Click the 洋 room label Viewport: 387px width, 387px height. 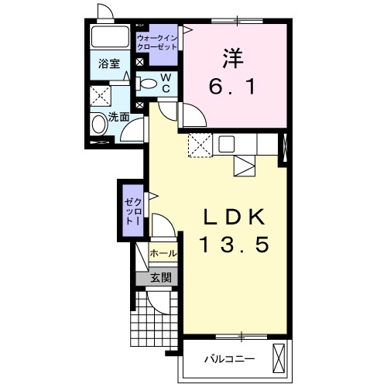[x=233, y=59]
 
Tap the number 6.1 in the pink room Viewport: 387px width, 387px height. [x=232, y=87]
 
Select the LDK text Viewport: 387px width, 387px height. [x=235, y=217]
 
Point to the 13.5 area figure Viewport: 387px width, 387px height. [x=235, y=245]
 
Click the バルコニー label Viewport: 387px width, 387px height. [x=230, y=359]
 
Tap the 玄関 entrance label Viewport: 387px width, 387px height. [x=161, y=278]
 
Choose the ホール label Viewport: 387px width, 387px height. [x=163, y=254]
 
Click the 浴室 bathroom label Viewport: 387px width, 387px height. [x=109, y=63]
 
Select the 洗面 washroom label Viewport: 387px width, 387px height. [x=118, y=117]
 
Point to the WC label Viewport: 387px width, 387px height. [x=166, y=83]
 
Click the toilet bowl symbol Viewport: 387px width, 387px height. [x=146, y=84]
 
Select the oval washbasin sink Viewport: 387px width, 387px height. [x=100, y=124]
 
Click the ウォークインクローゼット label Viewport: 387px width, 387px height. [x=157, y=43]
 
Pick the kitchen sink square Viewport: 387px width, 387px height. [x=227, y=144]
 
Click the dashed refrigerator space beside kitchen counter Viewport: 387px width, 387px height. [x=200, y=145]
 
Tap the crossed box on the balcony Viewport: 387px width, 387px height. [x=279, y=358]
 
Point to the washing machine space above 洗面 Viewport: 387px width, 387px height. [x=101, y=96]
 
